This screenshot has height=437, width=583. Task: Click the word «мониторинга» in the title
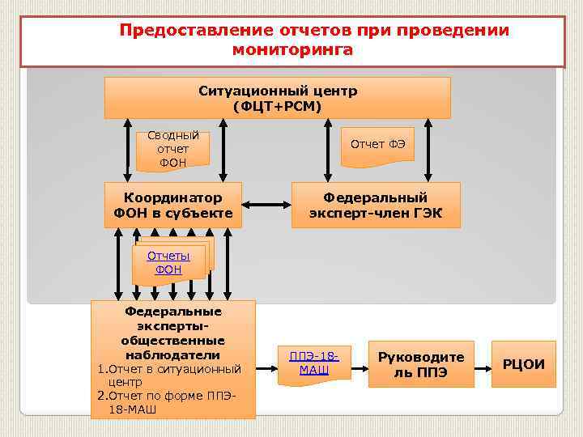pyautogui.click(x=292, y=50)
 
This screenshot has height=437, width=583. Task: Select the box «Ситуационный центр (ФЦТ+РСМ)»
pyautogui.click(x=277, y=98)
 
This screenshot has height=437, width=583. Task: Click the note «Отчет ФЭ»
pyautogui.click(x=377, y=145)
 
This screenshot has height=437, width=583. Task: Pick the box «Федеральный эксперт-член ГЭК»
pyautogui.click(x=375, y=206)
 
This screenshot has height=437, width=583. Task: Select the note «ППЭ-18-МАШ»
pyautogui.click(x=313, y=363)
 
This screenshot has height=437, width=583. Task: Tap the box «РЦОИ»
pyautogui.click(x=524, y=363)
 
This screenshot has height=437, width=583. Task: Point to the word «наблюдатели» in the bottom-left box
pyautogui.click(x=172, y=355)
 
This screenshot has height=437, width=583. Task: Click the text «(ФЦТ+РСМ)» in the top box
pyautogui.click(x=277, y=106)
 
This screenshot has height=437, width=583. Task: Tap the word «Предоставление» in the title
pyautogui.click(x=187, y=31)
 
